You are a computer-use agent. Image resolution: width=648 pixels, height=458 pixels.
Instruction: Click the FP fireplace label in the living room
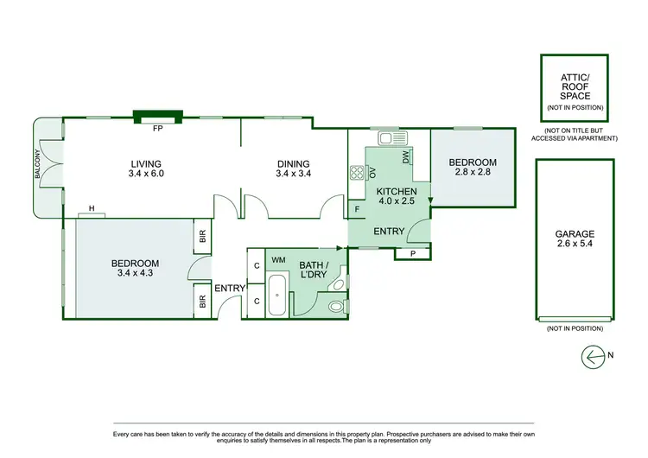(x=157, y=129)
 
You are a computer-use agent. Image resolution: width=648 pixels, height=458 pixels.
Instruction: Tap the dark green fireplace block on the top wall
(x=157, y=113)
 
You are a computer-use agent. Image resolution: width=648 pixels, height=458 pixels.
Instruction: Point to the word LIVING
(x=146, y=164)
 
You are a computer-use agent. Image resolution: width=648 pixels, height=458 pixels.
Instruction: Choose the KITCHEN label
(x=397, y=191)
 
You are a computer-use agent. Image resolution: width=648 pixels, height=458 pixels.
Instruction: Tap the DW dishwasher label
(x=405, y=156)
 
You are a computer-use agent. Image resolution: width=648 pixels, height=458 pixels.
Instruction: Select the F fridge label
(x=357, y=209)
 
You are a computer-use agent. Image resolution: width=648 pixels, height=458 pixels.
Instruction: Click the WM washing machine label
(x=278, y=259)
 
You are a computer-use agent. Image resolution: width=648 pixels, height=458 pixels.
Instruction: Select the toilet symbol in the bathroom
(x=338, y=305)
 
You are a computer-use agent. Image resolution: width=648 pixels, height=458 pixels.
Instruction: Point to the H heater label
(x=91, y=208)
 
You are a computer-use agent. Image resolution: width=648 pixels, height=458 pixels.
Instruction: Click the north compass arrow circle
(x=594, y=355)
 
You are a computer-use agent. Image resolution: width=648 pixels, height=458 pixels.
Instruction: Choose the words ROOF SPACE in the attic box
(x=575, y=92)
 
